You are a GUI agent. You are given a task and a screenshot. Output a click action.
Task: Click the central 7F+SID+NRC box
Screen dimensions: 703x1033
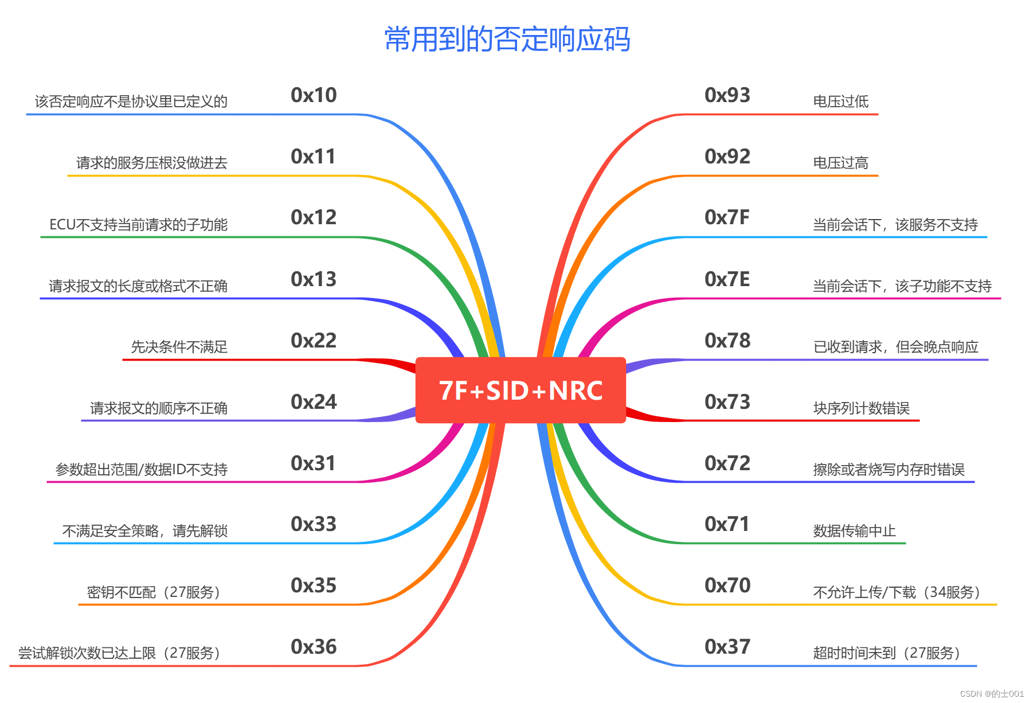coord(520,390)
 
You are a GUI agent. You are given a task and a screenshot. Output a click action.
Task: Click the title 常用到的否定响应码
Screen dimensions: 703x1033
coord(507,40)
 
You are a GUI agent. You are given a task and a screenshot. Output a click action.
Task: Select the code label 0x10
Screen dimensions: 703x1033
coord(314,95)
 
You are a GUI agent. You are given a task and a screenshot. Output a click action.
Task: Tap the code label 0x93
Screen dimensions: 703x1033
coord(727,95)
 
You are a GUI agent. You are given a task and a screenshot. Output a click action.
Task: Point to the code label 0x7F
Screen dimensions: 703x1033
coord(727,217)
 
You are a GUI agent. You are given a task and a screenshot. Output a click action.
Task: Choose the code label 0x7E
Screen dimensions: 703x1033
coord(727,279)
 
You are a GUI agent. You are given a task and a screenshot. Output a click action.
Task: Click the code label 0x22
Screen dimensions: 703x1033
coord(314,341)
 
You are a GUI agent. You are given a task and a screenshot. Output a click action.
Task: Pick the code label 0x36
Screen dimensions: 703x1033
coord(314,647)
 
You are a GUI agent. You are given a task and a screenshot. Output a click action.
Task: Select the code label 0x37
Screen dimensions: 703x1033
coord(727,647)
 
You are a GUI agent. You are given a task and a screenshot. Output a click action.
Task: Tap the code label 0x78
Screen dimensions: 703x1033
coord(727,341)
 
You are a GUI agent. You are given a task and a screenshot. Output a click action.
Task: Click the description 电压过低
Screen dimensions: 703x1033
coord(840,102)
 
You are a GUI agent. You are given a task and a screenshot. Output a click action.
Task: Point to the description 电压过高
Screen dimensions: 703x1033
coord(840,163)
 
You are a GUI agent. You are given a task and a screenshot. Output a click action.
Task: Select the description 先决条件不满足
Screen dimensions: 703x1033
coord(179,347)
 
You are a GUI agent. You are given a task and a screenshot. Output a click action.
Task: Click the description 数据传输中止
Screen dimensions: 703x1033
coord(854,531)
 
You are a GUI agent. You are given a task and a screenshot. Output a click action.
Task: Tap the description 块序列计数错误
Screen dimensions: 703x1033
coord(861,408)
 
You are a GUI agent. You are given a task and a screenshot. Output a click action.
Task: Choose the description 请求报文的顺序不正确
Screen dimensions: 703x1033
coord(159,408)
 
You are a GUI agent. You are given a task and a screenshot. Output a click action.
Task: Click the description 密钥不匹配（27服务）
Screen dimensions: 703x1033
coord(154,592)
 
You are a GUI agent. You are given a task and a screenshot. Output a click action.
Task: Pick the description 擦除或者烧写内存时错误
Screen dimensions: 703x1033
coord(889,470)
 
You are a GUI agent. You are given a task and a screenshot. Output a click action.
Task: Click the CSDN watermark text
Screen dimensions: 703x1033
coord(991,694)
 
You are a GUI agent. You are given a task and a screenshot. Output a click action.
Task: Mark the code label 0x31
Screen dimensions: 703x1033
coord(313,463)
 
